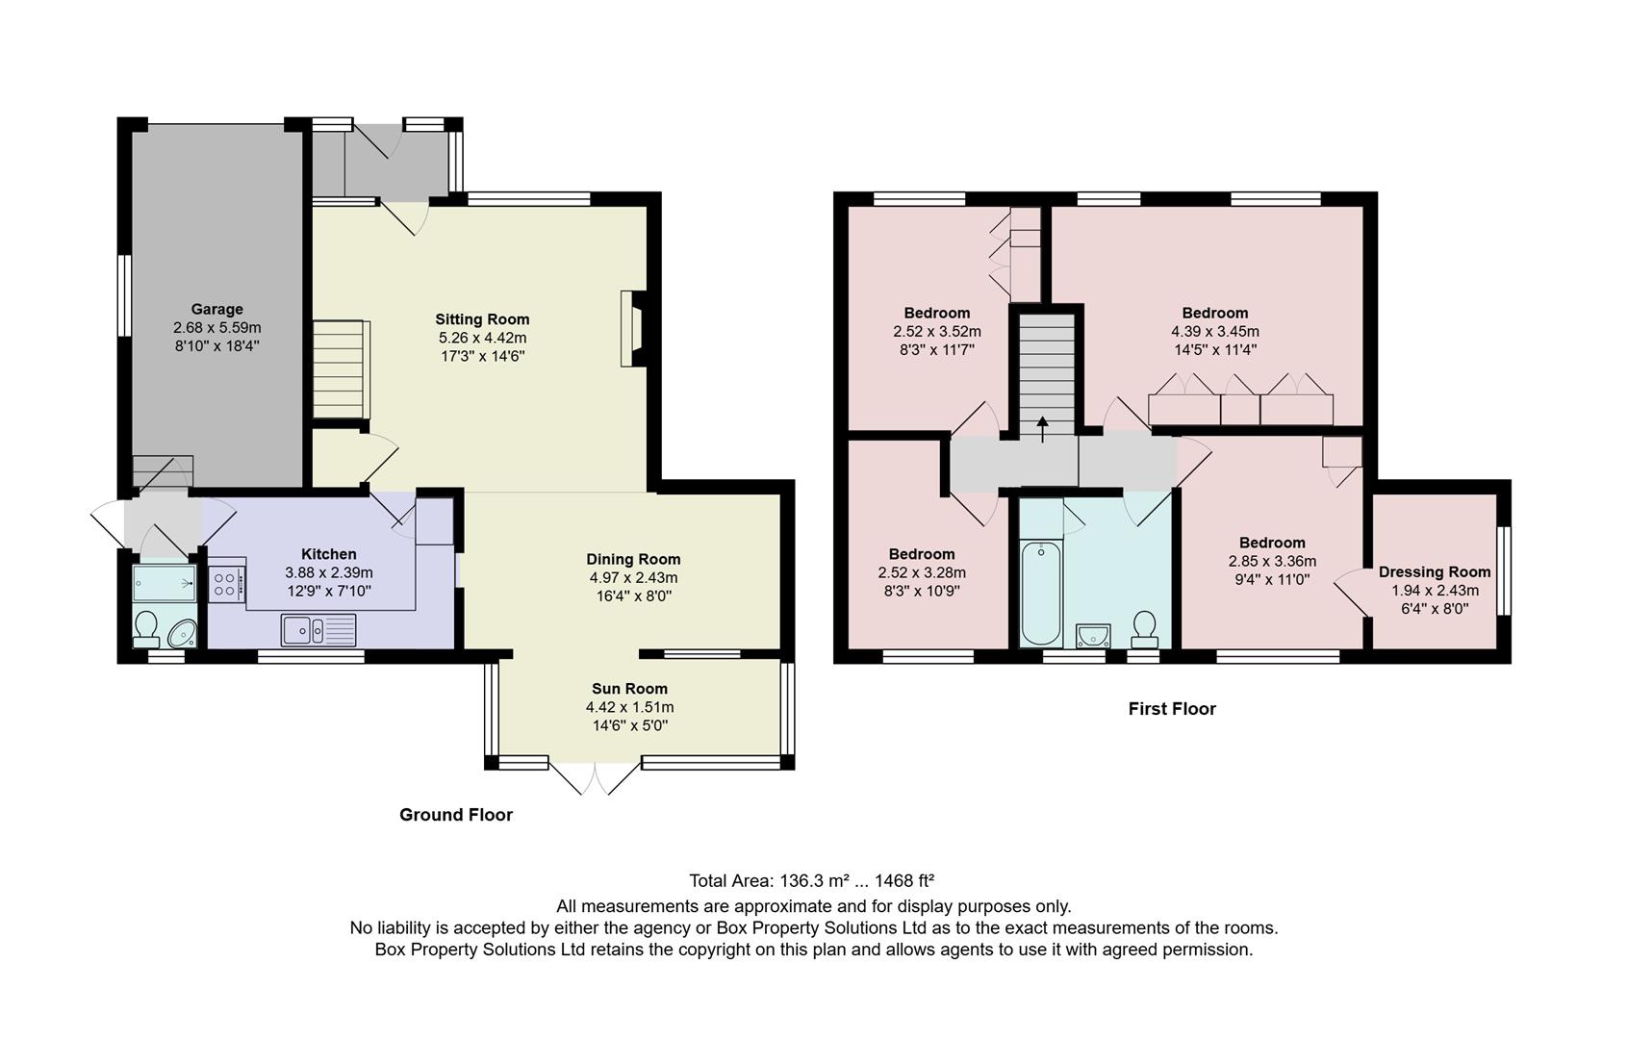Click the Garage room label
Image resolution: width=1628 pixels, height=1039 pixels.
(216, 309)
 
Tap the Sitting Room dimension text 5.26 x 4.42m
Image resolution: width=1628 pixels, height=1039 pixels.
(482, 338)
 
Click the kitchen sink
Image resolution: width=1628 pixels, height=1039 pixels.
(318, 630)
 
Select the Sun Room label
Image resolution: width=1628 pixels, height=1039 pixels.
(629, 689)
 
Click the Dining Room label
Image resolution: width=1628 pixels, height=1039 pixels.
(633, 559)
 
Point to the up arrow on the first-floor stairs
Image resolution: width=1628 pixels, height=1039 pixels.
(1043, 427)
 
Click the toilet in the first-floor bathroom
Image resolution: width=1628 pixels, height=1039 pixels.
(1144, 628)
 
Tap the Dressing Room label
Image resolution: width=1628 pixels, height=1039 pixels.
(1434, 571)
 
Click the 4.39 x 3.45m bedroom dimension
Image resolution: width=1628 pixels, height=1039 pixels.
(1214, 332)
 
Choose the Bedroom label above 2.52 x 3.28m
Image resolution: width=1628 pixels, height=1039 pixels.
(922, 554)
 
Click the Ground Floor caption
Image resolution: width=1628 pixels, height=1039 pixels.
(456, 815)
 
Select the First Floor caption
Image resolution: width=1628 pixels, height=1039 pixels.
(1172, 709)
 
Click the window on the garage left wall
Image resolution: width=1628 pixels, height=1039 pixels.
(123, 294)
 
